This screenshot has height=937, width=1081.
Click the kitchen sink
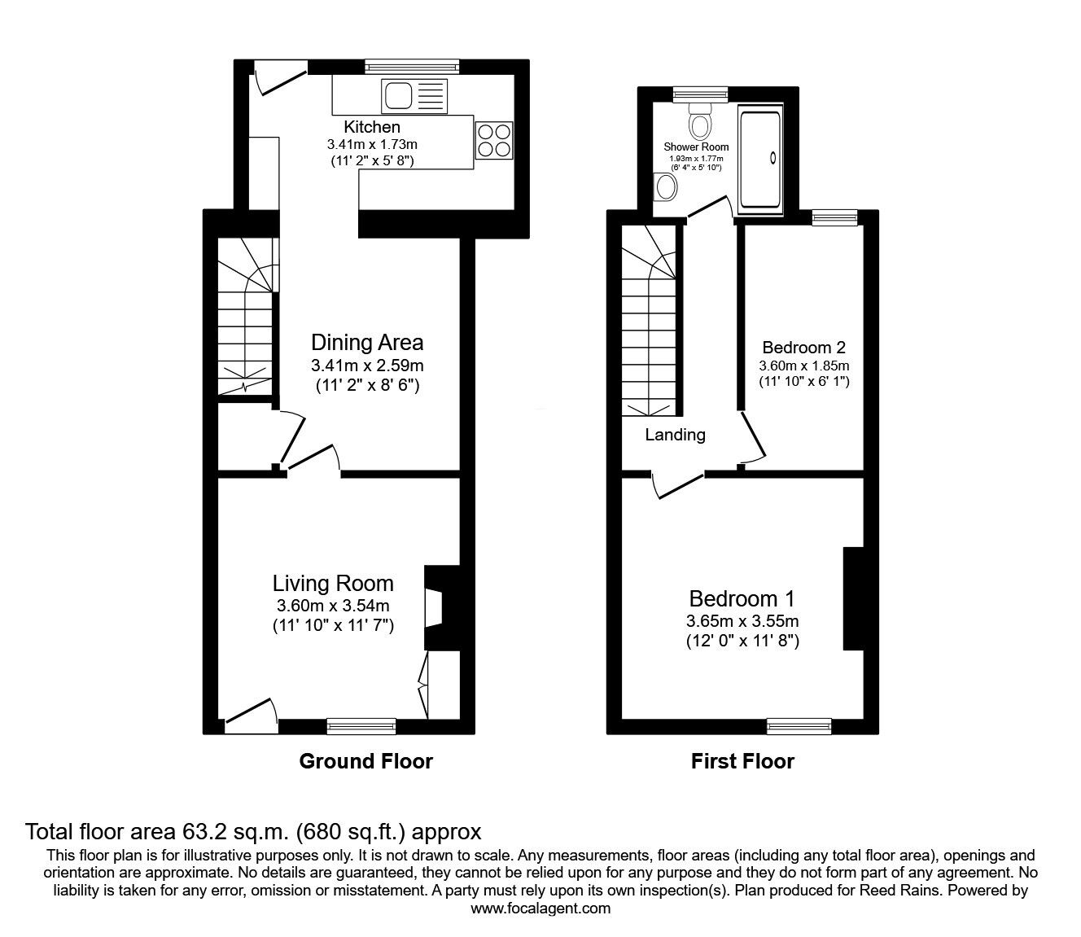click(399, 96)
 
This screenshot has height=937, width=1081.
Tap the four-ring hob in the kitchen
click(494, 139)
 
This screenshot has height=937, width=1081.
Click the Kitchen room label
click(372, 127)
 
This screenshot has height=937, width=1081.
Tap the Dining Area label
click(367, 342)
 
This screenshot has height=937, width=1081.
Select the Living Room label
click(333, 583)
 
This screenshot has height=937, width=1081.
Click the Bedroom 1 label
click(742, 599)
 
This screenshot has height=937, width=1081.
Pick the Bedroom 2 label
click(803, 348)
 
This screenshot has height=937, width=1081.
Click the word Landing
click(675, 435)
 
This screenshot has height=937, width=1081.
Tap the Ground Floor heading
click(365, 761)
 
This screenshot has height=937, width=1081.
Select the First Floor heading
click(742, 761)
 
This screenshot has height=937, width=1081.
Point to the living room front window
click(361, 724)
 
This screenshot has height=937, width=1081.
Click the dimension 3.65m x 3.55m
click(742, 621)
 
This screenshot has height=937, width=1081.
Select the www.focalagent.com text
click(540, 909)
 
